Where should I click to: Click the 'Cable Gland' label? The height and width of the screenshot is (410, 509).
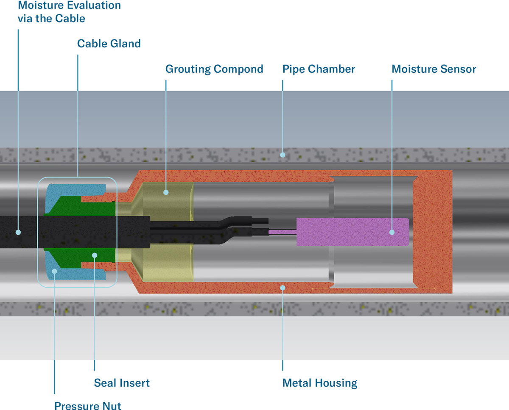click(109, 43)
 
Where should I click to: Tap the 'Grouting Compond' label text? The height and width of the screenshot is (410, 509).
click(214, 69)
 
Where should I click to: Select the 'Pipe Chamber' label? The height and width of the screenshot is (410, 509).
click(319, 69)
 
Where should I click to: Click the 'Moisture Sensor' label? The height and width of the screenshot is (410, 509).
click(433, 69)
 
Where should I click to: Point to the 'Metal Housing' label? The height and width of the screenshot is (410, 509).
click(320, 383)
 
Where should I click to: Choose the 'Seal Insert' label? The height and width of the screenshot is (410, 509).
click(122, 383)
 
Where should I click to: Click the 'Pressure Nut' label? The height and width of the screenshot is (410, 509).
click(87, 405)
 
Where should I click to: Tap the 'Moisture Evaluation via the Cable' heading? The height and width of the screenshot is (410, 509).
click(69, 12)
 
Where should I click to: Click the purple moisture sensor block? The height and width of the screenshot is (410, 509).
click(352, 232)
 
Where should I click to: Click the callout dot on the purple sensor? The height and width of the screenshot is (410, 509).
click(392, 232)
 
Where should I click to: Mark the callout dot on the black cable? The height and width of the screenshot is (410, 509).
click(18, 232)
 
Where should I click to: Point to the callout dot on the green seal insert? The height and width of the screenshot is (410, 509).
click(95, 255)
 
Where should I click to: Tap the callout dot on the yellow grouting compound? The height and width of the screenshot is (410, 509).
click(166, 192)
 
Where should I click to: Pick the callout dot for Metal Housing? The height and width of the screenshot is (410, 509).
click(282, 288)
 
